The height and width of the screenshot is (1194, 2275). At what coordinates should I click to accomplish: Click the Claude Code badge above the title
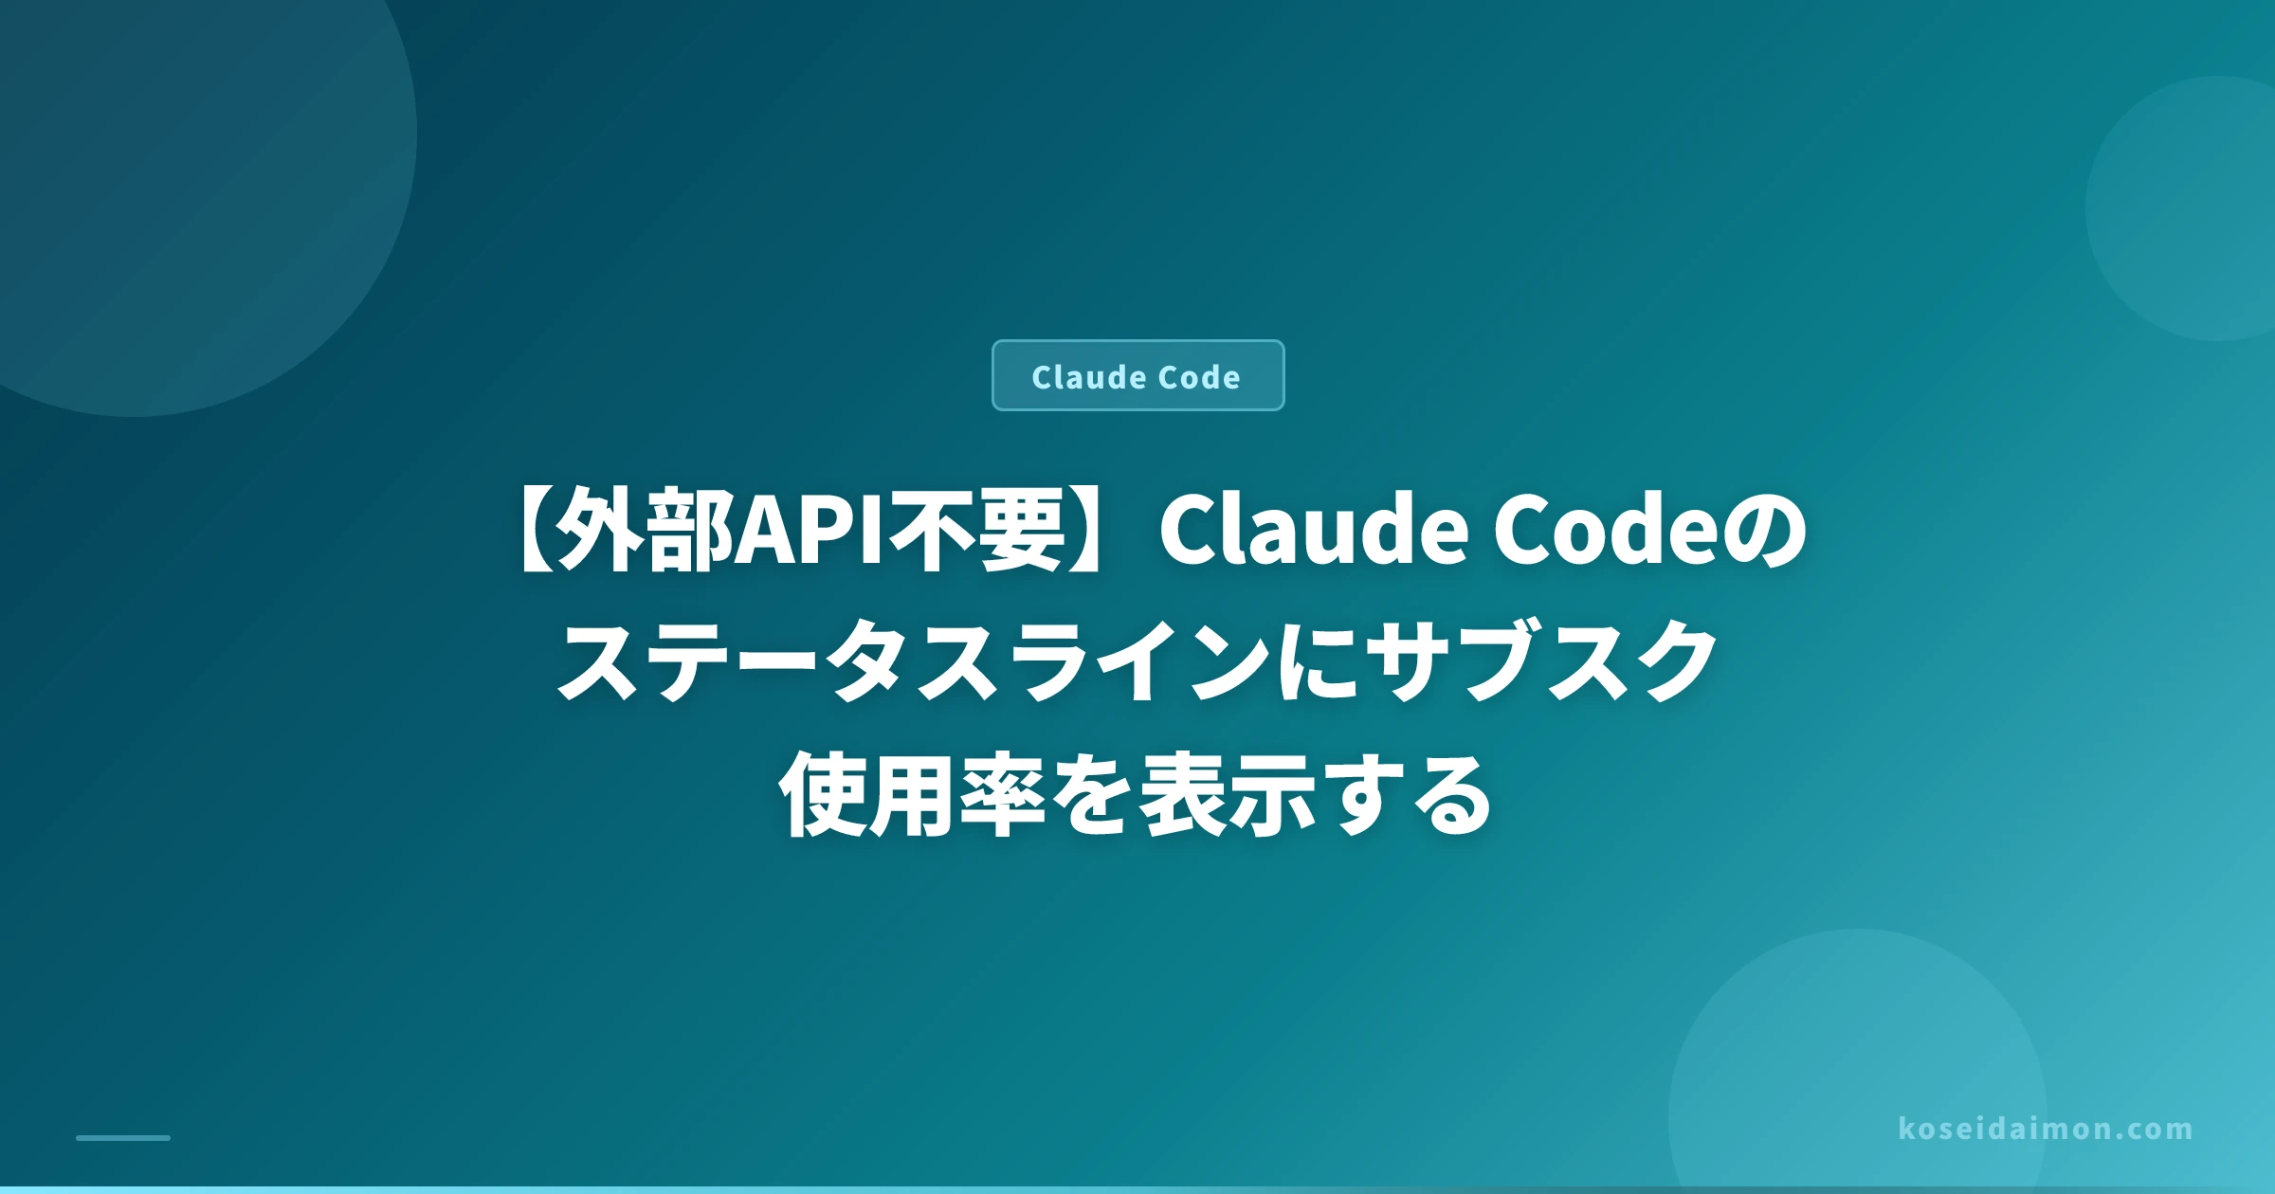tap(1137, 375)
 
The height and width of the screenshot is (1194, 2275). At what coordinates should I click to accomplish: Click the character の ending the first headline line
tap(1763, 531)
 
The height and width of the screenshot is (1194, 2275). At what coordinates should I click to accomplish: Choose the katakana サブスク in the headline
tap(1543, 661)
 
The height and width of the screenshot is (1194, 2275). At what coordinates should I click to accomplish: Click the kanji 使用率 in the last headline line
tap(911, 794)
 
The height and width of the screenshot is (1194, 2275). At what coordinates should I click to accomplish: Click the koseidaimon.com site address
tap(2046, 1129)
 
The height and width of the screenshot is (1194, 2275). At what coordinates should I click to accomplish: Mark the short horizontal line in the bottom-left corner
tap(123, 1137)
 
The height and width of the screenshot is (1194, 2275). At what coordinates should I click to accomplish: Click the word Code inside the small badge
tap(1199, 377)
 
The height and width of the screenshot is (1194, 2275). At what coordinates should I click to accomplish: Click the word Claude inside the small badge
tap(1090, 377)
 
